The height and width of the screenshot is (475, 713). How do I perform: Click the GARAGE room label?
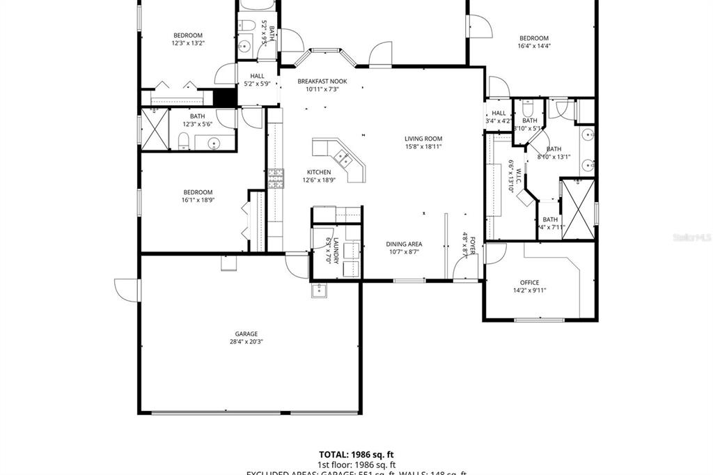coord(246,334)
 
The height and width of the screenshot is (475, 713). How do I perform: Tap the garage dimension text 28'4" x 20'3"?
coord(246,342)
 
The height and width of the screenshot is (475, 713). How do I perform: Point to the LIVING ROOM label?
coord(423,139)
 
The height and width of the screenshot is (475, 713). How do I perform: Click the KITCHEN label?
coord(319,172)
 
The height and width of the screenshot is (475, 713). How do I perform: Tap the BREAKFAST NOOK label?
coord(322,81)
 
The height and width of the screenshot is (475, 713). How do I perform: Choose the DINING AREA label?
coord(405,244)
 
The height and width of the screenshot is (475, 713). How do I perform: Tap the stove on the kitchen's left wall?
coord(276,179)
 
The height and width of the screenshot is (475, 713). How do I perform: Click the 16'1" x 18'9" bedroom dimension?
coord(198,201)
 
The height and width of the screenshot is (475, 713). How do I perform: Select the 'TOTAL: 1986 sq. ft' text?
coord(356,454)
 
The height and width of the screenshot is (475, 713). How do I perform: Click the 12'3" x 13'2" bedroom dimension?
coord(188,43)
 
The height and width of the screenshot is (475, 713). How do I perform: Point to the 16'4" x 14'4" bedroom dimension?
coord(533,47)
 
